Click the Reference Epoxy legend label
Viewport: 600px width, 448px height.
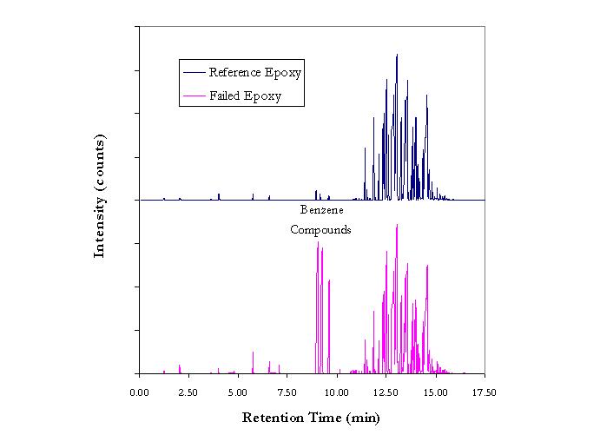point(255,71)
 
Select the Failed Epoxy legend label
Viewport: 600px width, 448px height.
point(245,96)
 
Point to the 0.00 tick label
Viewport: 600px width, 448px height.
point(139,393)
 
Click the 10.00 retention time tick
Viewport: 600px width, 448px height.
point(337,393)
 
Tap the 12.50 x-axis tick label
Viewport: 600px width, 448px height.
point(386,393)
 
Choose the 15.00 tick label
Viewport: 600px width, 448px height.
point(435,393)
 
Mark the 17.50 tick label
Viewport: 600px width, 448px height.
point(485,393)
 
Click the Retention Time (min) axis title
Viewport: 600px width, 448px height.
point(311,418)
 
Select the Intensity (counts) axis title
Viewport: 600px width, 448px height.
point(100,195)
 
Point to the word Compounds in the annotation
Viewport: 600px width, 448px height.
point(320,230)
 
